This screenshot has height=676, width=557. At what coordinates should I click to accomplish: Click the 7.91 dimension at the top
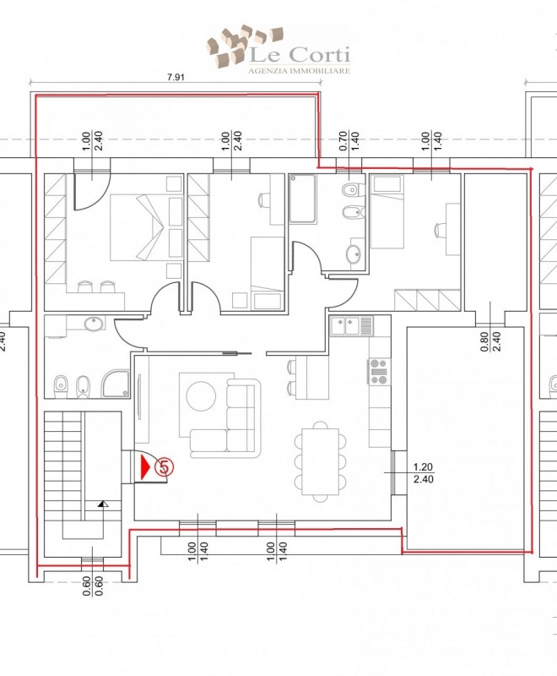click(176, 77)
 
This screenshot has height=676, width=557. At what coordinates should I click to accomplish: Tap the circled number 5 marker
click(163, 466)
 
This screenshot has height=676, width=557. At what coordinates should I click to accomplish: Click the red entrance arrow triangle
click(145, 466)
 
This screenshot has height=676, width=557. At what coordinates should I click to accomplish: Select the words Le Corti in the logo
click(300, 55)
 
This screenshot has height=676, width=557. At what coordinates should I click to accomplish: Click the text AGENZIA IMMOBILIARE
click(299, 71)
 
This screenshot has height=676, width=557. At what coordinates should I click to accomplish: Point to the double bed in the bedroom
click(138, 227)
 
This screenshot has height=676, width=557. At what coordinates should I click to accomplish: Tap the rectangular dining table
click(320, 461)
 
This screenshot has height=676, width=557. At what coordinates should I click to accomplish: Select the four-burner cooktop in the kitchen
click(379, 371)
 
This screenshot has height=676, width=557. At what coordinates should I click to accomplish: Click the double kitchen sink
click(352, 325)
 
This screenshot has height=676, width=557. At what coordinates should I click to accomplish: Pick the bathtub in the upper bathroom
click(303, 199)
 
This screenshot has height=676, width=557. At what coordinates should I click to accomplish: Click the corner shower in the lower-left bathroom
click(116, 384)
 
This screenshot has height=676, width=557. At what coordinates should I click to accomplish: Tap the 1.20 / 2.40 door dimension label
click(423, 473)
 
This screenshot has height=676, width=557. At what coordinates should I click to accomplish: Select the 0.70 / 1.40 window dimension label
click(349, 141)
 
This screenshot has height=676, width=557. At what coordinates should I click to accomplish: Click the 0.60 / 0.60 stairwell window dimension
click(93, 586)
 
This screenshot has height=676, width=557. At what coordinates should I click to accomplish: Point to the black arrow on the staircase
click(102, 503)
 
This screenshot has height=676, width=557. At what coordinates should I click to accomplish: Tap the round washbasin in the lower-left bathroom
click(95, 324)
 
